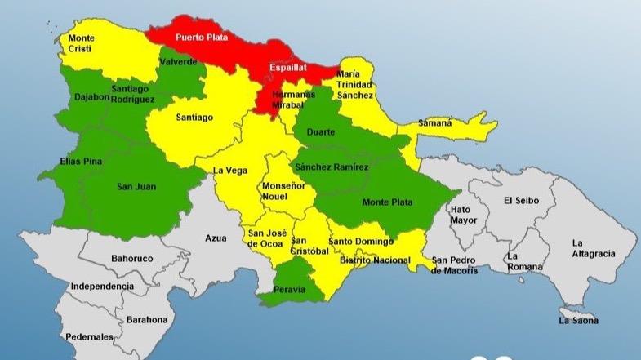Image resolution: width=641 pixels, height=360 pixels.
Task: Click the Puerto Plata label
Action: [202, 38]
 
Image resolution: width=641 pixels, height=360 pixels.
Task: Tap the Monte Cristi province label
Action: [81, 43]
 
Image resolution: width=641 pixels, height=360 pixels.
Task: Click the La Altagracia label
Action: [593, 248]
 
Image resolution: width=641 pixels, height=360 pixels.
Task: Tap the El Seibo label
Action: [519, 200]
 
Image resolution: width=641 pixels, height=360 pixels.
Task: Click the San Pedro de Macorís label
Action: [455, 264]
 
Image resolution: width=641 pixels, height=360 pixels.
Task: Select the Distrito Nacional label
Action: [375, 260]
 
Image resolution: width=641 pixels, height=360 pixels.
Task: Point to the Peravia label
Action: [289, 289]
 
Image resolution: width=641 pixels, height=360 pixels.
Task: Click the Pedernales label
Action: [91, 336]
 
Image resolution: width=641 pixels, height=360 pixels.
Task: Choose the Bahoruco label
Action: [131, 259]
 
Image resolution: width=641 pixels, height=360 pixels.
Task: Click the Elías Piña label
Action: [81, 162]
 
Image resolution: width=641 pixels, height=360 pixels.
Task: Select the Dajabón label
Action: [91, 118]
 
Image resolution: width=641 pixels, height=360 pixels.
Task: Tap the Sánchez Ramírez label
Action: [332, 167]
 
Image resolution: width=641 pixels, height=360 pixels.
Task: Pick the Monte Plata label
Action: [388, 202]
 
